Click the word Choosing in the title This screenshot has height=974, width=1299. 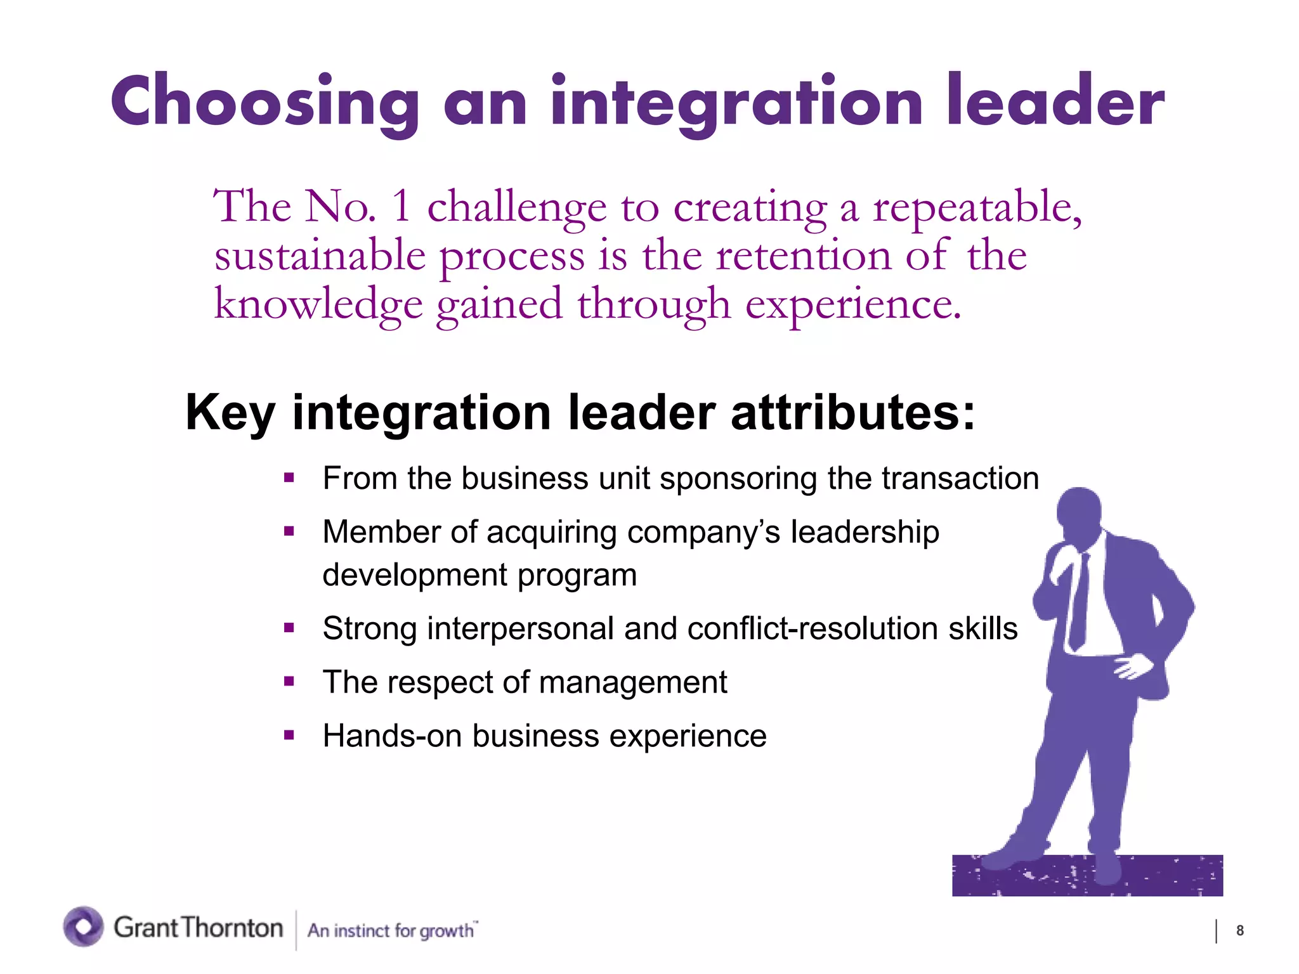tap(265, 101)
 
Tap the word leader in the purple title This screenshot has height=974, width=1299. tap(1056, 101)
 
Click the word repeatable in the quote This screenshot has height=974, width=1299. tap(977, 207)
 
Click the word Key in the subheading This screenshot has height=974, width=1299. tap(230, 413)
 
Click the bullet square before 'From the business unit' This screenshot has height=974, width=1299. tap(289, 478)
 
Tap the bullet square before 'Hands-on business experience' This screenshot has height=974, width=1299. tap(289, 736)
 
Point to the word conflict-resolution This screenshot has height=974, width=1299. tap(813, 629)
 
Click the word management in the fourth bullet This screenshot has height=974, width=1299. tap(632, 683)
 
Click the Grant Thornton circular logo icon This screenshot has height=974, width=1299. tap(83, 926)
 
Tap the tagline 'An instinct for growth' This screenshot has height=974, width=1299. tap(391, 930)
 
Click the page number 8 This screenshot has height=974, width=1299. tap(1239, 931)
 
